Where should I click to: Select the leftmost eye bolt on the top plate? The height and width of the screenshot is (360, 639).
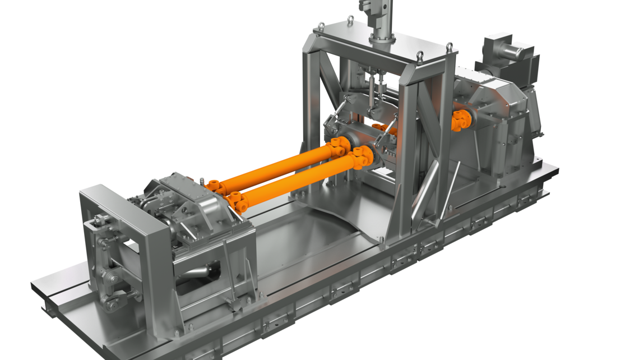322,26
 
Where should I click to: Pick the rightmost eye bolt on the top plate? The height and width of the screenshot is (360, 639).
450,47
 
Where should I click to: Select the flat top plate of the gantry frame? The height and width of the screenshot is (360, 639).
381,48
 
